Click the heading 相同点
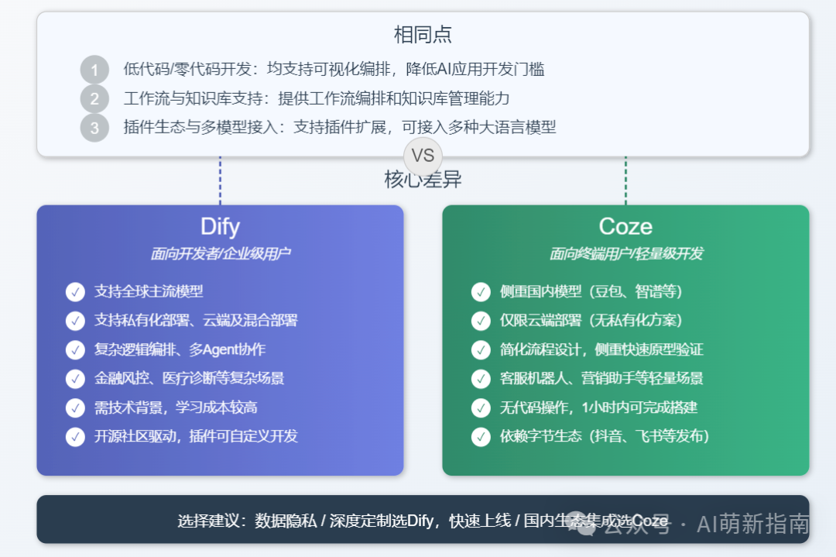[x=423, y=35]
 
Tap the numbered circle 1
[x=95, y=70]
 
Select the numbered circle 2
[x=95, y=98]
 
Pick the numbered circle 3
[x=95, y=128]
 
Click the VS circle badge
[x=423, y=156]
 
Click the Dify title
[x=220, y=226]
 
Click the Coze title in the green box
[x=625, y=226]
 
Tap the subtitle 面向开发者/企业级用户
[x=220, y=253]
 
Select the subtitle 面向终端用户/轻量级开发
[x=626, y=253]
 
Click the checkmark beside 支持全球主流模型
[x=75, y=292]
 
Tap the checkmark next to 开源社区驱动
[x=75, y=436]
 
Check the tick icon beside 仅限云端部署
[x=481, y=321]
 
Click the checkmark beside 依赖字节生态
[x=481, y=436]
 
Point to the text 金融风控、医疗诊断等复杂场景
[x=189, y=378]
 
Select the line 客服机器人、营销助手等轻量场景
[x=601, y=378]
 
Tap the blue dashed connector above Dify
[x=220, y=181]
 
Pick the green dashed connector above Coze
[x=626, y=181]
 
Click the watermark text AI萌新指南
[x=753, y=524]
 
